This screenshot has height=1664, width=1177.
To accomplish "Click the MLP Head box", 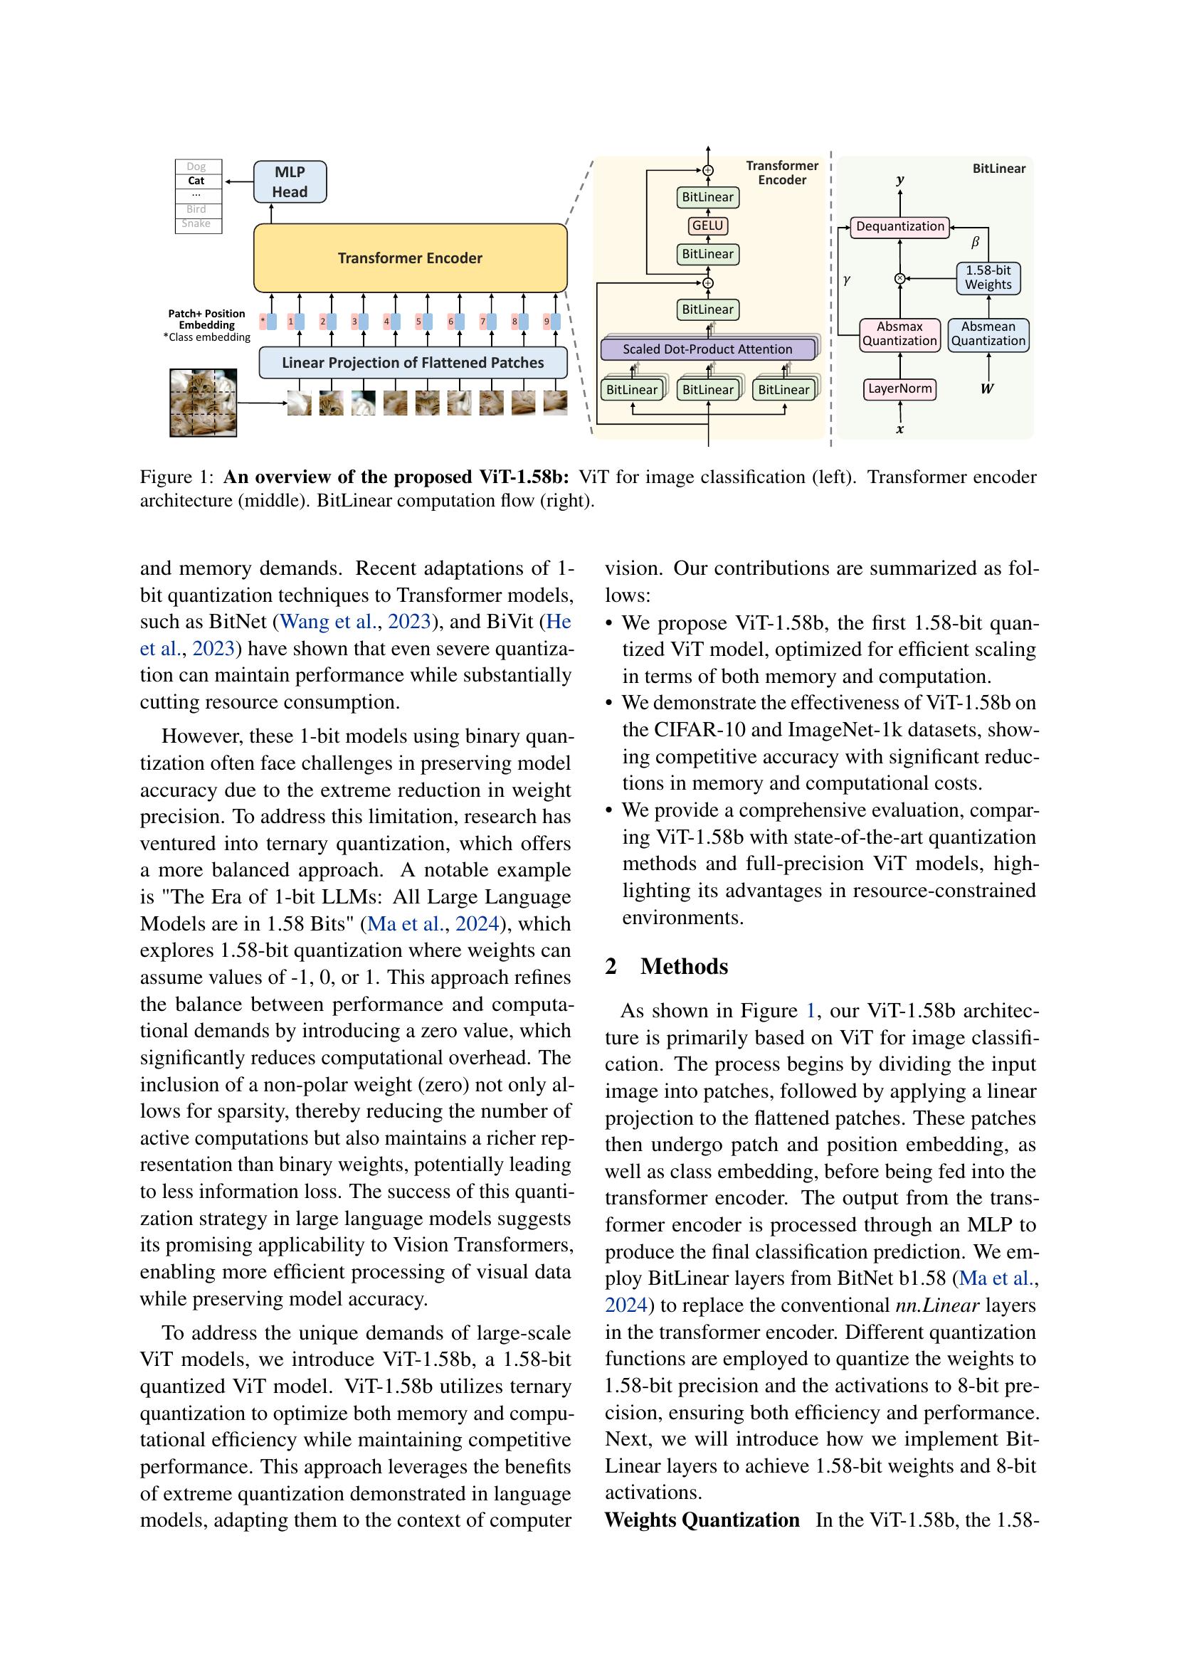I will pyautogui.click(x=290, y=182).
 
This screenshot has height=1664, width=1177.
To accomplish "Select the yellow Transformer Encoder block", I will pyautogui.click(x=410, y=258).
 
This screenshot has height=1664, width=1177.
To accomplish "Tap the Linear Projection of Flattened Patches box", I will pyautogui.click(x=413, y=362).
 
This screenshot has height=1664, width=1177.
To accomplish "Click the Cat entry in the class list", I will pyautogui.click(x=197, y=181).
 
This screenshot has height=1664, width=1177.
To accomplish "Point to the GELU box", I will pyautogui.click(x=708, y=226).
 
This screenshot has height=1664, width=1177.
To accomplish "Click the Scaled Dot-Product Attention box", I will pyautogui.click(x=707, y=349).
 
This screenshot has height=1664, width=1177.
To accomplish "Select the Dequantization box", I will pyautogui.click(x=899, y=227).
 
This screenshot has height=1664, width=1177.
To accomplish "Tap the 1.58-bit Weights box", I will pyautogui.click(x=988, y=278).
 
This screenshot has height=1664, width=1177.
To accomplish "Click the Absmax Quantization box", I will pyautogui.click(x=899, y=334).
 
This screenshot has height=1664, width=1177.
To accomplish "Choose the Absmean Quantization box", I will pyautogui.click(x=988, y=334).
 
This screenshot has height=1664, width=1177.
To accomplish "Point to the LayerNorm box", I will pyautogui.click(x=899, y=389).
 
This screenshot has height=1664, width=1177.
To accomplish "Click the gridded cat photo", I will pyautogui.click(x=203, y=403).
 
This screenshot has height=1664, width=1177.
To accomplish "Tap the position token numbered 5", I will pyautogui.click(x=419, y=321).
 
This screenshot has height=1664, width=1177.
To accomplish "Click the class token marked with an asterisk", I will pyautogui.click(x=263, y=321).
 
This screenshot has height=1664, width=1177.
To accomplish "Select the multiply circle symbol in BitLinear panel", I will pyautogui.click(x=899, y=278).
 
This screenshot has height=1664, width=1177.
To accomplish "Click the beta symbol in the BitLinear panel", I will pyautogui.click(x=975, y=243).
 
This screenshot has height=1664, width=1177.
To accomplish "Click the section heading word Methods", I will pyautogui.click(x=684, y=967).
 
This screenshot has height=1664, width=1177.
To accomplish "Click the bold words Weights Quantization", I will pyautogui.click(x=702, y=1520).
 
